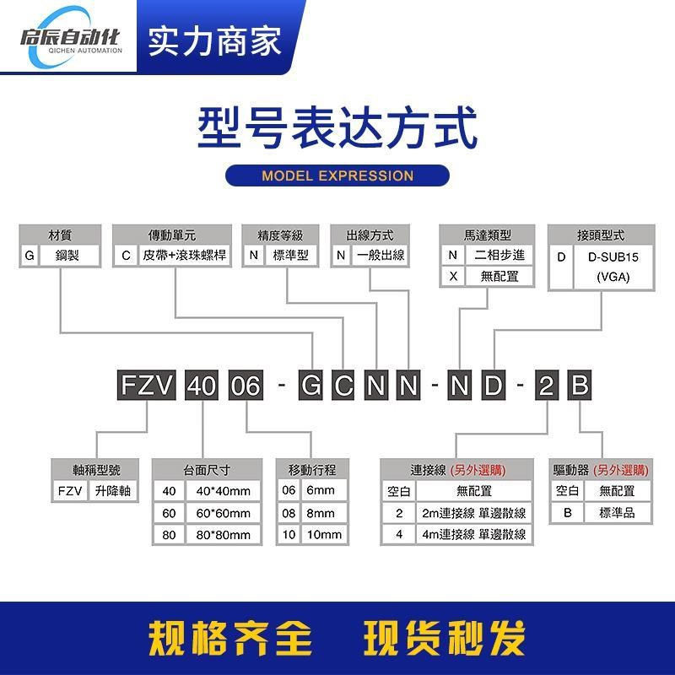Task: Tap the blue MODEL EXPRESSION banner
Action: pos(337,175)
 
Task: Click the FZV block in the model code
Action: pos(147,387)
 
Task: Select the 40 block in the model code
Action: pos(201,387)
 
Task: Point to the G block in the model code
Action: pos(311,387)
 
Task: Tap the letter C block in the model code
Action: pos(344,387)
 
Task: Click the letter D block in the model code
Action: pos(494,387)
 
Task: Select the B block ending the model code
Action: pos(579,387)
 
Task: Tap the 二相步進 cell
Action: pos(499,255)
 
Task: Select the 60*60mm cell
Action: pos(223,513)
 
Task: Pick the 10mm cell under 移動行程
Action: pos(324,535)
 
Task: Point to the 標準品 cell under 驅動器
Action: pos(616,512)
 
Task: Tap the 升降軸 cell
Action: pos(113,490)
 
